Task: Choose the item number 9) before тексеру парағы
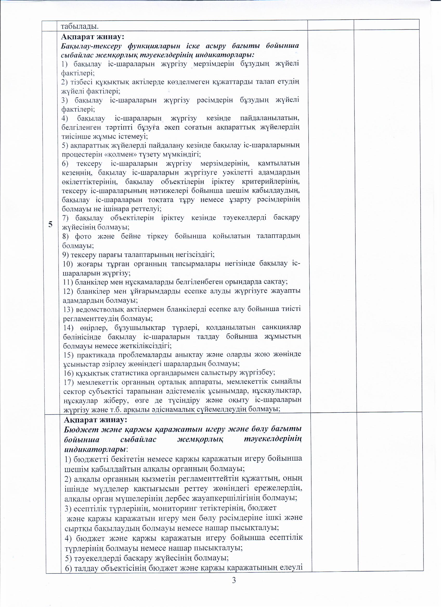(66, 254)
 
